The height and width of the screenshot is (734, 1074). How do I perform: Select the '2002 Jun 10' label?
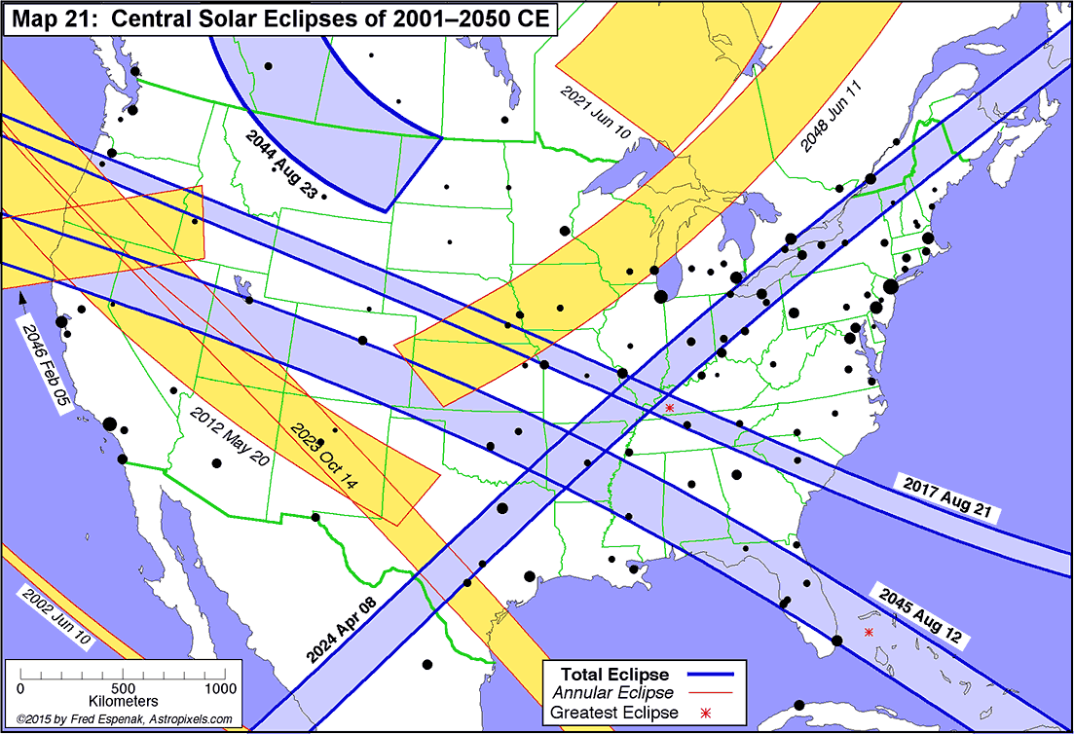click(x=56, y=619)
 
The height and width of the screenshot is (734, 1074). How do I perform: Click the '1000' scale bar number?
click(x=220, y=688)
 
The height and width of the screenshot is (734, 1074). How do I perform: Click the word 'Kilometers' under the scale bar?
click(x=123, y=702)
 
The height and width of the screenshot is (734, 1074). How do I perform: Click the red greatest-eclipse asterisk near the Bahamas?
click(x=869, y=633)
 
